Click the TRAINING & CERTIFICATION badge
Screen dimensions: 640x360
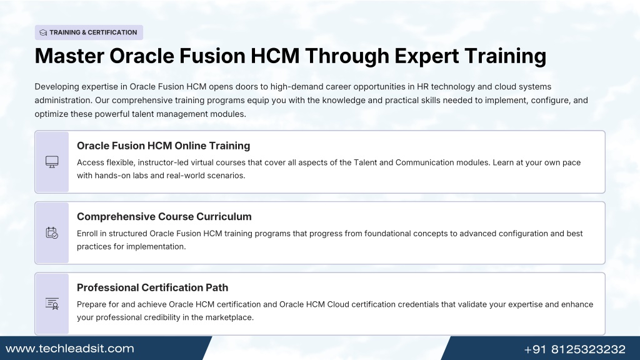pyautogui.click(x=89, y=32)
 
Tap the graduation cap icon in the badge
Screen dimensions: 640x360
pyautogui.click(x=43, y=32)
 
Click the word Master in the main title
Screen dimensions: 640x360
pyautogui.click(x=69, y=56)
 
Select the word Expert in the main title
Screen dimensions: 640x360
pyautogui.click(x=426, y=56)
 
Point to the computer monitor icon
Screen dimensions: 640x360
pyautogui.click(x=52, y=162)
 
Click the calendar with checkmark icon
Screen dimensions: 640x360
pyautogui.click(x=52, y=232)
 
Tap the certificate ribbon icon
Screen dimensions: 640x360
pyautogui.click(x=52, y=304)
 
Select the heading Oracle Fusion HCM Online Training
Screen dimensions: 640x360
pyautogui.click(x=163, y=146)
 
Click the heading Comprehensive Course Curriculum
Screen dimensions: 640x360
pyautogui.click(x=164, y=217)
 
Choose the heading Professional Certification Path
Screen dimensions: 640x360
pyautogui.click(x=152, y=287)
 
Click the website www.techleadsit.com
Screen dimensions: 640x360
pyautogui.click(x=70, y=349)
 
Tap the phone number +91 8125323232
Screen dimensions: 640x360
pyautogui.click(x=575, y=349)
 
